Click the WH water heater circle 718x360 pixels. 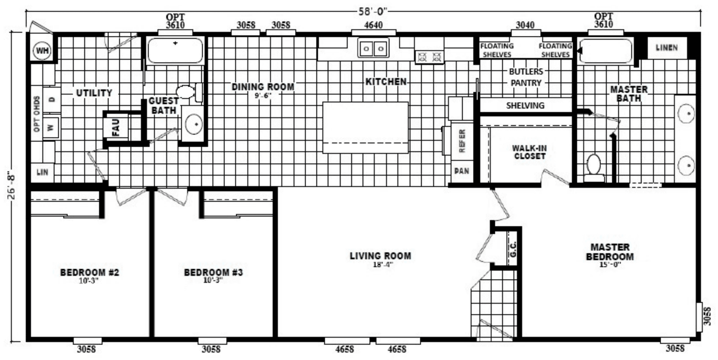click(42, 51)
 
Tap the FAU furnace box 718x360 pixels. click(115, 128)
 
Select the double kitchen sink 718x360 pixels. click(373, 48)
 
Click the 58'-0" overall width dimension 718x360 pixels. click(373, 12)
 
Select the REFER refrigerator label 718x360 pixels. click(462, 141)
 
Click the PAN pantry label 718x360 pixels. click(462, 171)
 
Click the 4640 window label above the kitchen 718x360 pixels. click(373, 25)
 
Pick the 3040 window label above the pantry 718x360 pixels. click(525, 25)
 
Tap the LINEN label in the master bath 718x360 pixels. click(667, 48)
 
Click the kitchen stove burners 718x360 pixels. click(429, 57)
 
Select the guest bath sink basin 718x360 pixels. click(194, 124)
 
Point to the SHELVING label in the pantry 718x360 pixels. click(525, 106)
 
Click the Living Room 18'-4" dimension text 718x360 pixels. click(383, 265)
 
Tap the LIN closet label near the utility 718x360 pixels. click(42, 172)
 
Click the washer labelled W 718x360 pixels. click(51, 128)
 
